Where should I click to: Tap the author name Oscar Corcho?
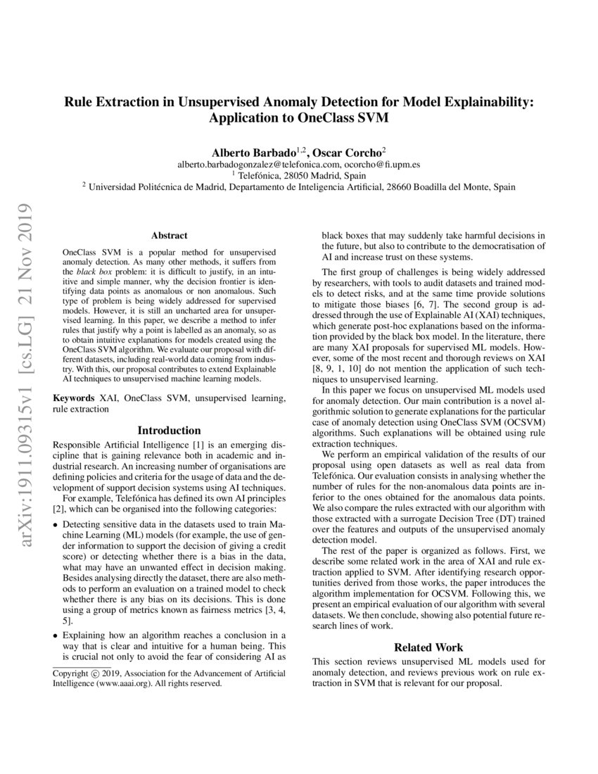click(348, 151)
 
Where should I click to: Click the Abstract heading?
click(169, 236)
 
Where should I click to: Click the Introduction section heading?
click(169, 430)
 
